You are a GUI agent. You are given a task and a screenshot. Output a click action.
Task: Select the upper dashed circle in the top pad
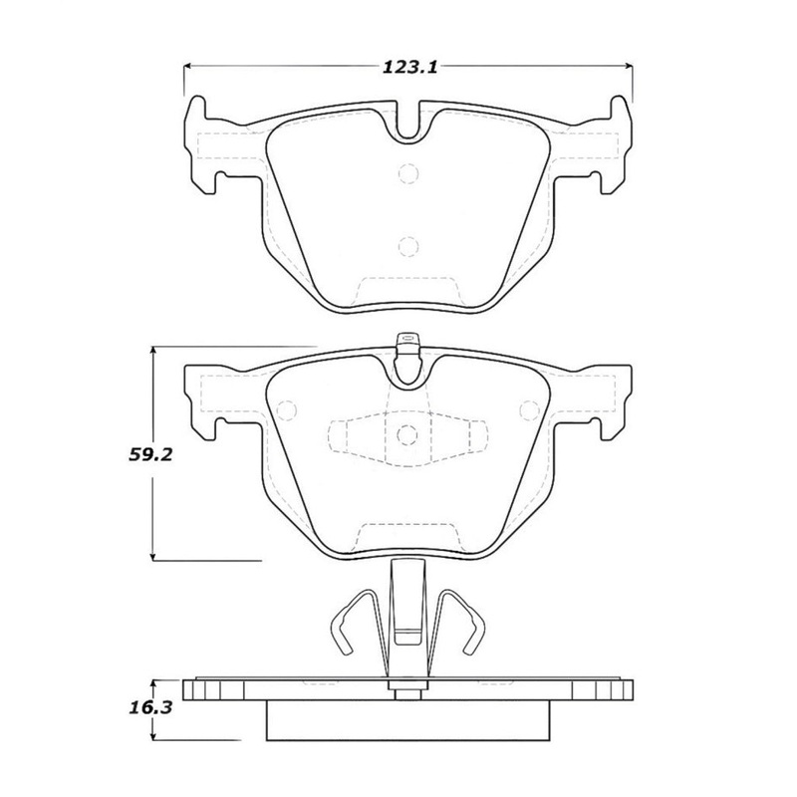tap(406, 173)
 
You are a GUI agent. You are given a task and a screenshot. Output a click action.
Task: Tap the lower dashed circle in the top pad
tap(406, 246)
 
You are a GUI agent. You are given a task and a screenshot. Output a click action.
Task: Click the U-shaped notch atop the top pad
tap(406, 125)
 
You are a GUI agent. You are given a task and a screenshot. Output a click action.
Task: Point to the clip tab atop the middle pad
tap(406, 345)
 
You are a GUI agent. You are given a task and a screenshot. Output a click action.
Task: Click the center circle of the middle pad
tap(406, 434)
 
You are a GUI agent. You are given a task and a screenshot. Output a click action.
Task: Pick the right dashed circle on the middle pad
tap(529, 409)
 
